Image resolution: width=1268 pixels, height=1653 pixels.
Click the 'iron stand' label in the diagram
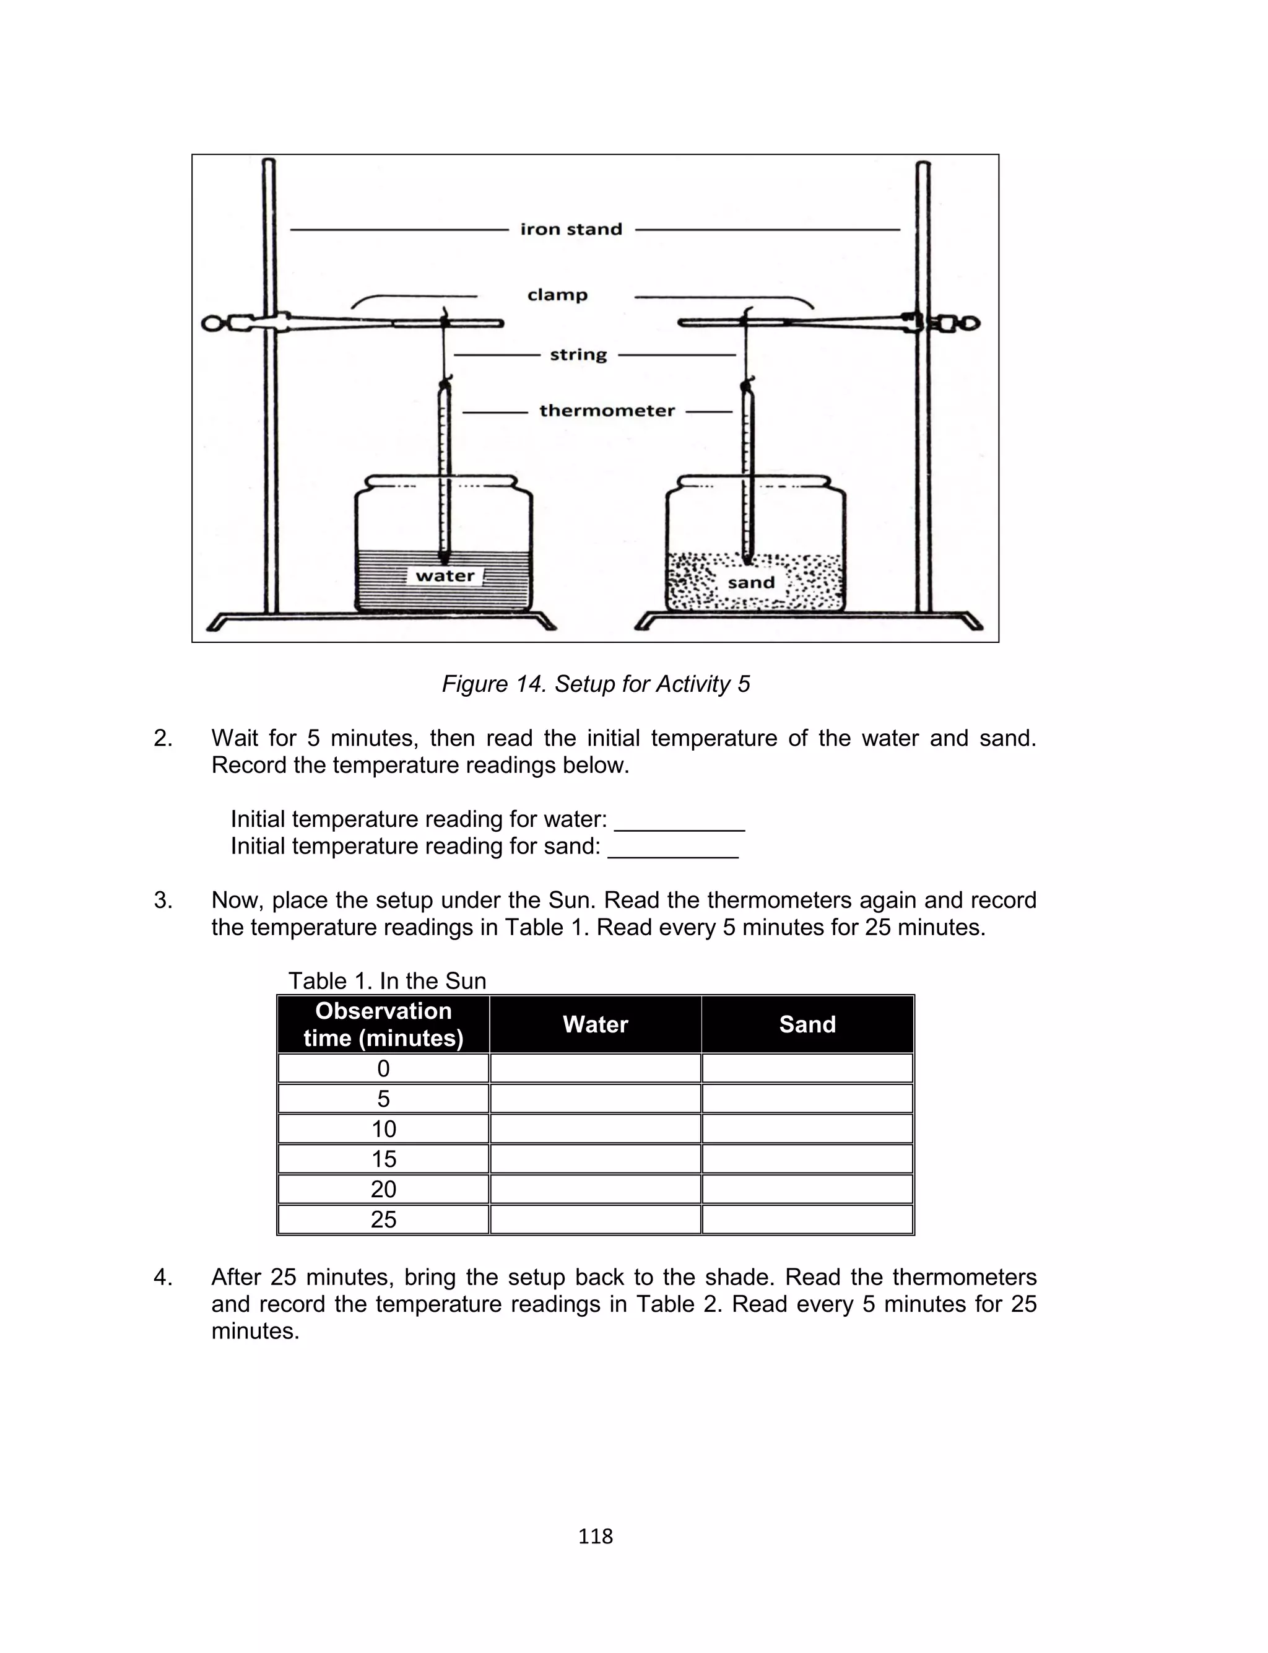coord(571,229)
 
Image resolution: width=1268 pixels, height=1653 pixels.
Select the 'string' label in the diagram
coord(578,354)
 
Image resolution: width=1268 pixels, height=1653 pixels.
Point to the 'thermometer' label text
coord(607,411)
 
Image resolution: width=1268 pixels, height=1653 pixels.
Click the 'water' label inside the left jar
coord(445,576)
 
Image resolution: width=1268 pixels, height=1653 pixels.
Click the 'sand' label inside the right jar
coord(751,583)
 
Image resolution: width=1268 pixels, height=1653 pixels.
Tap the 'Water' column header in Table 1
coord(595,1024)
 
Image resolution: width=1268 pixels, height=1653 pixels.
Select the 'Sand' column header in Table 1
coord(807,1024)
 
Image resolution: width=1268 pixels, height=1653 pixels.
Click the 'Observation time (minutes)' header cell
coord(383,1024)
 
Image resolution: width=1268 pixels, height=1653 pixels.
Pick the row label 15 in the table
coord(383,1159)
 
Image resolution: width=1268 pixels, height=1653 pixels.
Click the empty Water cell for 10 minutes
coord(595,1128)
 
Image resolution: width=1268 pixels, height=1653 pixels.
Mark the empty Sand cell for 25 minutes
coord(807,1219)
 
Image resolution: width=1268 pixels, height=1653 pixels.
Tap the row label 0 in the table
coord(383,1068)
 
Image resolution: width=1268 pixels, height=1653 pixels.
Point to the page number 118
coord(595,1536)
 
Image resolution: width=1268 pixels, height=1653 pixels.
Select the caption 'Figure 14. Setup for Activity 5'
coord(596,684)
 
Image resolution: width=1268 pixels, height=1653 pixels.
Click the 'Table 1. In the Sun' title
coord(387,980)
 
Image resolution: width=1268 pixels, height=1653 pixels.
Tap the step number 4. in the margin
coord(163,1277)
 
